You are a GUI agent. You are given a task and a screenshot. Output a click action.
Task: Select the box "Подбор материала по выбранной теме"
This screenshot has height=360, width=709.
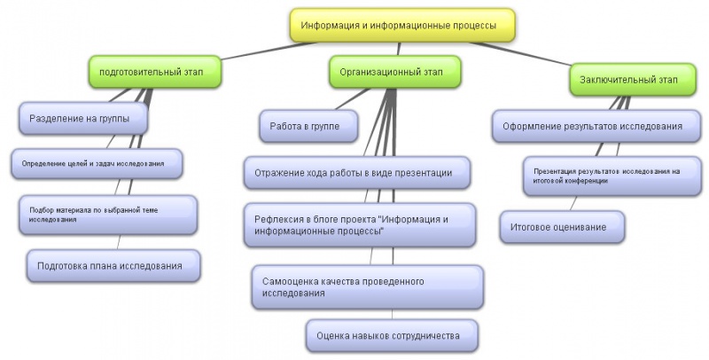(x=106, y=214)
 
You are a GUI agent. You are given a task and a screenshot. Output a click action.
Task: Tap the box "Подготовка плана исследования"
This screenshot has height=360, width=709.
(x=111, y=265)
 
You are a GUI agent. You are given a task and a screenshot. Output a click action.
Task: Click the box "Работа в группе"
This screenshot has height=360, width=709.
(x=310, y=126)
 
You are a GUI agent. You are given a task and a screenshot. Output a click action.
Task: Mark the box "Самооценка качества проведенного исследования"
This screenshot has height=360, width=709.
(x=367, y=286)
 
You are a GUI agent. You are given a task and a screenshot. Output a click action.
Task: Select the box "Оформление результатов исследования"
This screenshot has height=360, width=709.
(x=592, y=126)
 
